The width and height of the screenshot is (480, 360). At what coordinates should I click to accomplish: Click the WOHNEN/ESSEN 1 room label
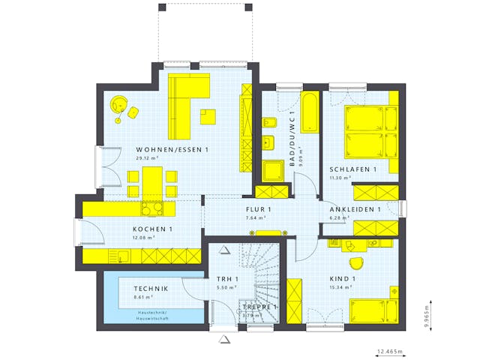172,149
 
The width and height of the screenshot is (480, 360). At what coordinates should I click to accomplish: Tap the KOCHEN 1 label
153,229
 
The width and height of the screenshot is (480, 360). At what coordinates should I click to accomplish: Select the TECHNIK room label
151,289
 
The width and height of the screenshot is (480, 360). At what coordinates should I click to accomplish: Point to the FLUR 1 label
259,209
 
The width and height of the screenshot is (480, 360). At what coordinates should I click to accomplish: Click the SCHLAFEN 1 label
353,169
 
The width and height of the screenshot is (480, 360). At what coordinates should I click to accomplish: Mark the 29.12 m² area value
147,158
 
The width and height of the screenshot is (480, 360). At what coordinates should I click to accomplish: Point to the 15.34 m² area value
340,287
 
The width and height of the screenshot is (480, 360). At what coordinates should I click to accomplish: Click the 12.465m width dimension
389,351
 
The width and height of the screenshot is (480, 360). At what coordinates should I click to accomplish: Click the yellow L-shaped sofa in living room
184,105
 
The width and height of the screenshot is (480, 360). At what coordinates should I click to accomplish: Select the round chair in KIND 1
355,262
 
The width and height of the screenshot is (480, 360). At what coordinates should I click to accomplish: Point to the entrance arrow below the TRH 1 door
223,340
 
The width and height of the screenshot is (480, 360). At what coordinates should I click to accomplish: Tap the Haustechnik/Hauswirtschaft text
145,315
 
